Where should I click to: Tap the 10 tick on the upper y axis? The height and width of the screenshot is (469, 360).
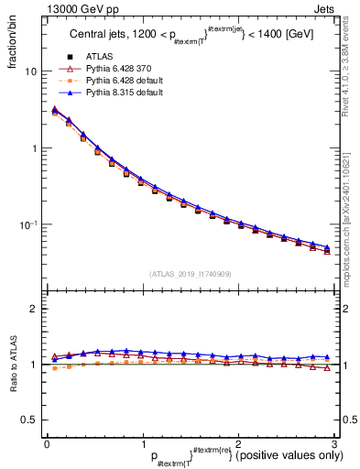coord(32,71)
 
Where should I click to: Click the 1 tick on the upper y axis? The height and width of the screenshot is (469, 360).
coord(35,148)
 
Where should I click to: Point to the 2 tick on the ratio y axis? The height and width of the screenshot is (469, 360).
coord(35,310)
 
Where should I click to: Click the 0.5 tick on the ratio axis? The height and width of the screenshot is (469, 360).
coord(30,420)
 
